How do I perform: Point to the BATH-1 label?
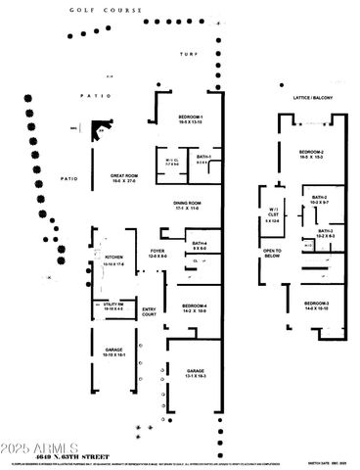click(x=203, y=158)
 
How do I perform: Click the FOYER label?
click(x=157, y=253)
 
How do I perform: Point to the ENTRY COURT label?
click(x=149, y=311)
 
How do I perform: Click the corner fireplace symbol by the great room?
click(x=99, y=130)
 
